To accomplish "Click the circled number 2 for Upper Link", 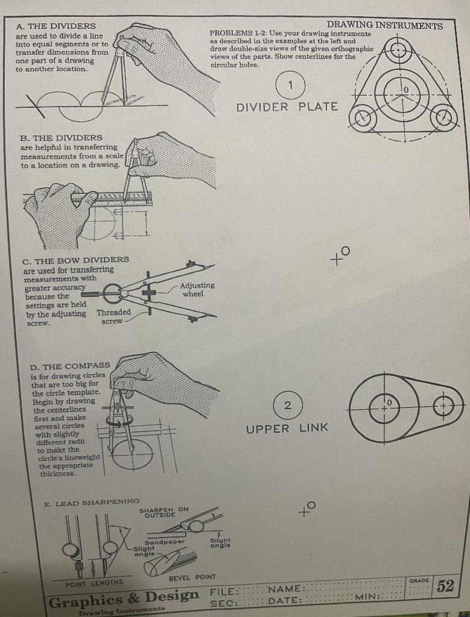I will (288, 405).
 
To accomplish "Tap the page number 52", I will (445, 586).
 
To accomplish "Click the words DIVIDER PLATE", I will (287, 107).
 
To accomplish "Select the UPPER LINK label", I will (287, 428).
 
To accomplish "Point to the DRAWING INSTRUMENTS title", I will (384, 25).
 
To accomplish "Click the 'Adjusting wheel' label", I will (197, 289).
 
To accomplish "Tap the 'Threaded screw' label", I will (114, 317).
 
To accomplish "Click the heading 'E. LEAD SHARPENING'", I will (92, 501).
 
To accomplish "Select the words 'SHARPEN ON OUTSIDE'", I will (164, 512).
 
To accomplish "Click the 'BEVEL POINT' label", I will (192, 577).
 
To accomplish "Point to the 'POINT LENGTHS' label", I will (94, 582).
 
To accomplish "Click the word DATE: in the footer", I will (286, 600).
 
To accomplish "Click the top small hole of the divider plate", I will (398, 49).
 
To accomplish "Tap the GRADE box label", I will (419, 580).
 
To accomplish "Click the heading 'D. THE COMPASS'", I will (70, 366).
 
